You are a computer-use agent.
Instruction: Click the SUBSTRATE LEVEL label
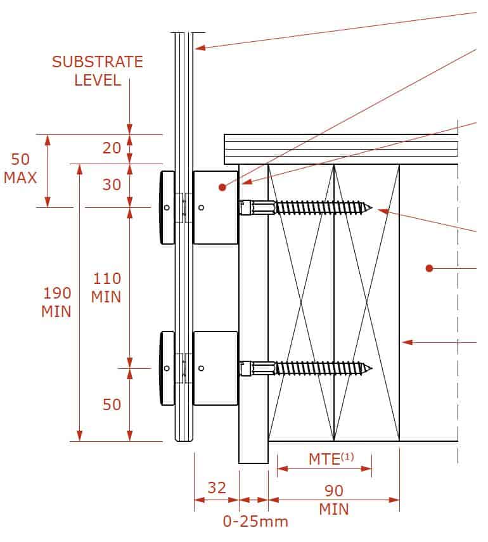click(97, 71)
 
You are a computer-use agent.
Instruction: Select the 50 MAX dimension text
click(20, 169)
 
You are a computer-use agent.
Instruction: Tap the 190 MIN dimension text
click(57, 302)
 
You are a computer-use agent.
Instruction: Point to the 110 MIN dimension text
click(107, 287)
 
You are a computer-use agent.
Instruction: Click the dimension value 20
click(112, 148)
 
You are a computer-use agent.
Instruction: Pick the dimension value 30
click(112, 184)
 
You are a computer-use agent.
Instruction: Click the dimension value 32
click(216, 487)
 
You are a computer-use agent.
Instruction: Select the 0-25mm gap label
click(255, 522)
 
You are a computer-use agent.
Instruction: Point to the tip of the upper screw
click(372, 207)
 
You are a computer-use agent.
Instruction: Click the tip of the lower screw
click(372, 368)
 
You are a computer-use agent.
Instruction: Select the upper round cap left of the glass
click(167, 208)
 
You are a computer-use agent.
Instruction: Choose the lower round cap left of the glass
click(167, 368)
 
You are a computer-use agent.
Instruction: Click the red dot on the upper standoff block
click(222, 187)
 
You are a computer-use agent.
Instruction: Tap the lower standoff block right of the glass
click(215, 368)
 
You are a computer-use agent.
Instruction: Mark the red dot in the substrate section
click(429, 268)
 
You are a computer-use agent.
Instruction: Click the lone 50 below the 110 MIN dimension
click(112, 404)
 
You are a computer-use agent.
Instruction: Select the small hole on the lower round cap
click(166, 368)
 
